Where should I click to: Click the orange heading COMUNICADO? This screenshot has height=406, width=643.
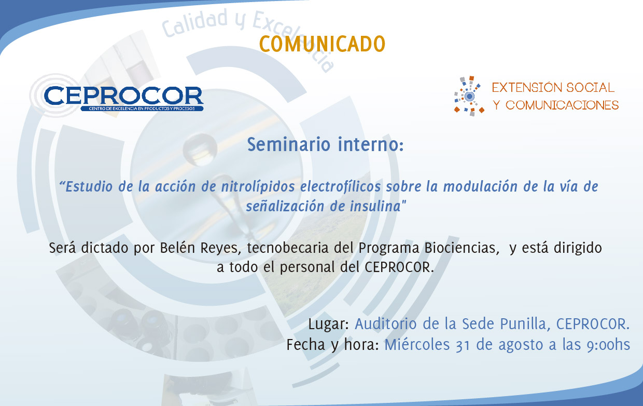coord(322,44)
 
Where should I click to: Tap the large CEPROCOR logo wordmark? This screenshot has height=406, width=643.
coord(124,96)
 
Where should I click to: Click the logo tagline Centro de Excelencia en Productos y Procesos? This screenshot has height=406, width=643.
coord(142,109)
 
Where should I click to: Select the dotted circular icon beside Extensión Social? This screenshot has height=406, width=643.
coord(469,96)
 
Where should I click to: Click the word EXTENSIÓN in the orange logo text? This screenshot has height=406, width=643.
coord(527,88)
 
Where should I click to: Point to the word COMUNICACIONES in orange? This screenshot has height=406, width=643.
coord(562,105)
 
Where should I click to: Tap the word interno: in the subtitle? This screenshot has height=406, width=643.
coord(371,144)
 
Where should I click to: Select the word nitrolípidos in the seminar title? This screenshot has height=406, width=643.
coord(258,187)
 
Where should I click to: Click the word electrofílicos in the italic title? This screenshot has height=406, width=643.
coord(341,186)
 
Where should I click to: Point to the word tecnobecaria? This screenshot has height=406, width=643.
coord(288,248)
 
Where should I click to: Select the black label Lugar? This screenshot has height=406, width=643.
coord(328,324)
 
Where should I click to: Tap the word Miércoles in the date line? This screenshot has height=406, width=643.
coord(417,345)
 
